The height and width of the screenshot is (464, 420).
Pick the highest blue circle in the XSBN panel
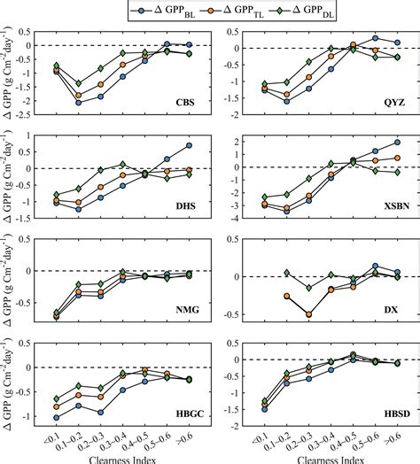point(397,143)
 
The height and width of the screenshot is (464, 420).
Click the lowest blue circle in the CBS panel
point(79,103)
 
